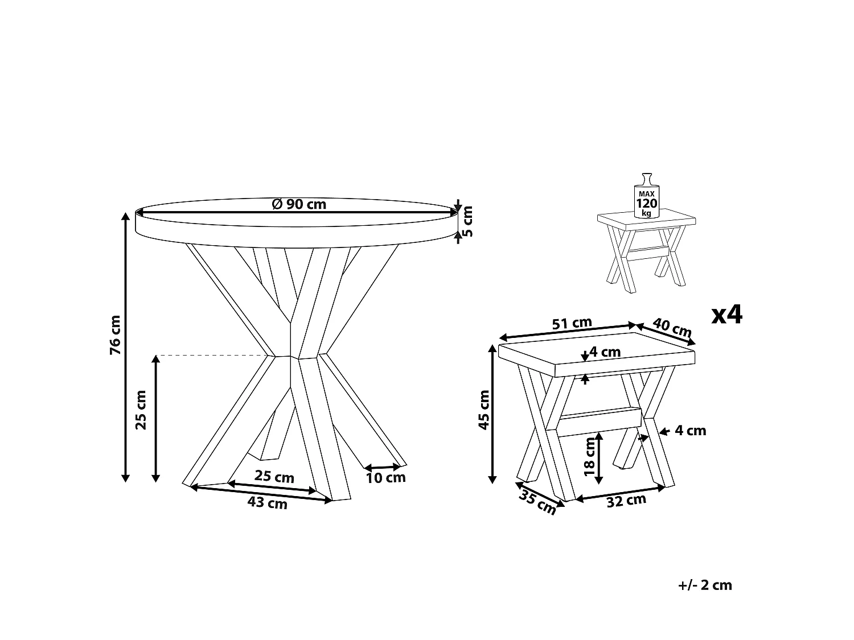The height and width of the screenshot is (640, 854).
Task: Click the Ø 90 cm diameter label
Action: point(299,204)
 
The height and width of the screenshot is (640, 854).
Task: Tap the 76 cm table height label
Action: point(116,335)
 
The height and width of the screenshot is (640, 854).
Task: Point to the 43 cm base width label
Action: point(267,503)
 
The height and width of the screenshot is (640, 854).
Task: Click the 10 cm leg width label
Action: point(385,478)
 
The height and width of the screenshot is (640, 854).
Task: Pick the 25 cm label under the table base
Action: point(274,476)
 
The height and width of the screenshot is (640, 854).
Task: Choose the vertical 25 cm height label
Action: point(141,410)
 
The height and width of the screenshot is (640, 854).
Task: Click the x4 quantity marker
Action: point(727,315)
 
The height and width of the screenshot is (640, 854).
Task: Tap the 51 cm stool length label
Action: point(572,323)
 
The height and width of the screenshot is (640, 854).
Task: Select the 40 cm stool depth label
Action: point(672,328)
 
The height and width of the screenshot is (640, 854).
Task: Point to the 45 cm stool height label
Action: point(483,410)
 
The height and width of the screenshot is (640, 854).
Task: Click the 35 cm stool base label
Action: point(537,503)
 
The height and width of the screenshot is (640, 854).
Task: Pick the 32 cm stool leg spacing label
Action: point(626,501)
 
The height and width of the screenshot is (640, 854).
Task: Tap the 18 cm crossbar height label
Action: point(590,457)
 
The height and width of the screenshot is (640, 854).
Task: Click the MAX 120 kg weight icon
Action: point(647,196)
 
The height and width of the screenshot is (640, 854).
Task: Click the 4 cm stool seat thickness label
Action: point(605,352)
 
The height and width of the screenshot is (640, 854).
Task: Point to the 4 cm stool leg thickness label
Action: point(690,431)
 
